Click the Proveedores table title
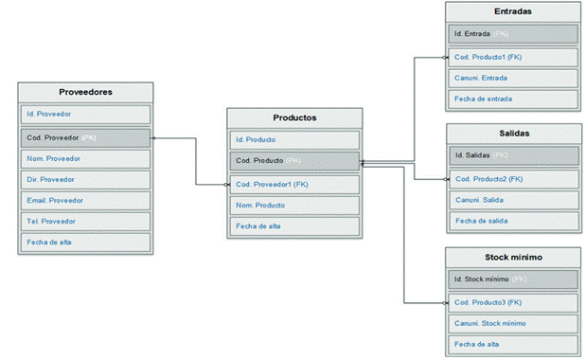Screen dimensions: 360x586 (85, 93)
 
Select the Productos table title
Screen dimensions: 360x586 (294, 117)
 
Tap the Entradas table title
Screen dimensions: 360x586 (512, 12)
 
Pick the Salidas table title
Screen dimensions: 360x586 (512, 133)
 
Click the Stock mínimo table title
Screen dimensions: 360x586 (512, 257)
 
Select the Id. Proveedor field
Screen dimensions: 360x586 (85, 115)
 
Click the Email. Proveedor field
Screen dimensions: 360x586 (85, 200)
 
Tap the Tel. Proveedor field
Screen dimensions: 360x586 (85, 221)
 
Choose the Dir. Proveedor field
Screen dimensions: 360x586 (85, 179)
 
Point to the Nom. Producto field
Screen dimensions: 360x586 (294, 205)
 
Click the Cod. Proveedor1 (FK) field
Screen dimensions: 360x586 (294, 184)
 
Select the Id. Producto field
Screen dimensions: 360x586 (294, 139)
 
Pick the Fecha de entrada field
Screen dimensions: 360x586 (512, 99)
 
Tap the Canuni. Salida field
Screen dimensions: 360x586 (512, 200)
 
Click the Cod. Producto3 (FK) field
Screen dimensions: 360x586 (512, 302)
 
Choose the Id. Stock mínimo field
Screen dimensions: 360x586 (512, 279)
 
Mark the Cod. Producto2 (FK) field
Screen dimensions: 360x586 (512, 178)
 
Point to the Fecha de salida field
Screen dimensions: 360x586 (512, 221)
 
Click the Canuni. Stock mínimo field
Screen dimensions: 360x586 (512, 323)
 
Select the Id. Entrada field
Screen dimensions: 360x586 (512, 34)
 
